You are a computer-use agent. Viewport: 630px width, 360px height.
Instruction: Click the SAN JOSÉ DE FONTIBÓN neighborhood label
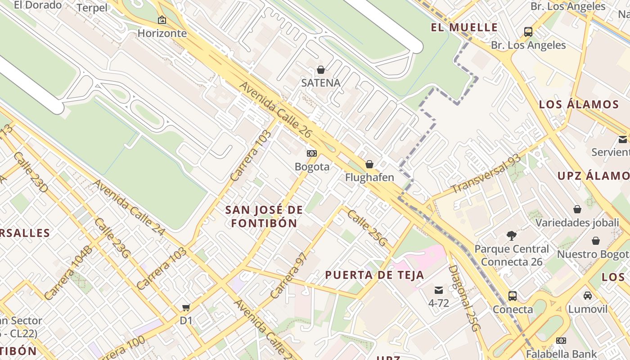[264, 216]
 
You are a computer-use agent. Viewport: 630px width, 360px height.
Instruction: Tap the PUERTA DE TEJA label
[374, 275]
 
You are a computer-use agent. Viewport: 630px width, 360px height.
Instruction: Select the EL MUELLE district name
[464, 27]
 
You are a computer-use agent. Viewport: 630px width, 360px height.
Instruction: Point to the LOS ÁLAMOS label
[579, 105]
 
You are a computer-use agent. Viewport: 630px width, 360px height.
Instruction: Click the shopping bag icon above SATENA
[321, 70]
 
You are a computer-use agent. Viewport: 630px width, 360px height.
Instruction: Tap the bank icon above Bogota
[312, 153]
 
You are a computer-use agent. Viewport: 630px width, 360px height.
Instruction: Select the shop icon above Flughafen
[369, 164]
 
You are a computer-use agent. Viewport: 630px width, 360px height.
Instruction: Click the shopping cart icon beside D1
[186, 308]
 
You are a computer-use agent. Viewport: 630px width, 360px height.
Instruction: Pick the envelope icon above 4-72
[439, 290]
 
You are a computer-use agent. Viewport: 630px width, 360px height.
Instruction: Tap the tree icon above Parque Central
[511, 235]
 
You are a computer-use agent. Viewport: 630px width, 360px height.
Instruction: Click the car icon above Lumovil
[588, 296]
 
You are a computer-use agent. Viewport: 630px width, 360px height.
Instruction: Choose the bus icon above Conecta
[513, 296]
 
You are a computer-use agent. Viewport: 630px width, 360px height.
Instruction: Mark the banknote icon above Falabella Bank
[561, 341]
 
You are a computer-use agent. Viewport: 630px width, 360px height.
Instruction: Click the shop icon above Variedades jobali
[577, 209]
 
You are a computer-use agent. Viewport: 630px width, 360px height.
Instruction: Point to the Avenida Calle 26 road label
[275, 110]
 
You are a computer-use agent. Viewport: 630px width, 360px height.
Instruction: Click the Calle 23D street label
[30, 172]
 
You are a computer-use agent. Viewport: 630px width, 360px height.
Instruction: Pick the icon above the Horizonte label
[162, 20]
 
